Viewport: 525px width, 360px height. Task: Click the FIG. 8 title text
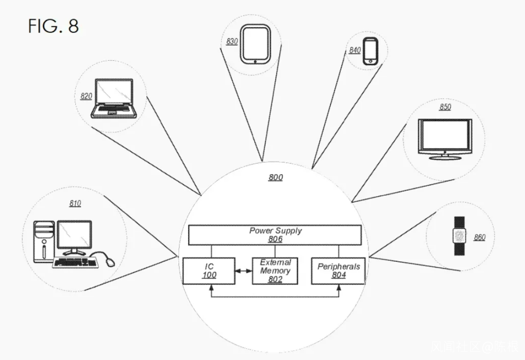tap(53, 25)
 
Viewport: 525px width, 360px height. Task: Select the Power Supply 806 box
tap(275, 235)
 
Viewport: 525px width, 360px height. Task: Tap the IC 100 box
tap(209, 271)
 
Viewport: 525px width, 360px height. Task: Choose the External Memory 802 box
tap(275, 270)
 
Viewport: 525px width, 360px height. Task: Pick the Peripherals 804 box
tap(338, 271)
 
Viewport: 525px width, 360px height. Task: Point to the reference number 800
tap(276, 178)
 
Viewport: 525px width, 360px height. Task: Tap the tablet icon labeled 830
tap(255, 44)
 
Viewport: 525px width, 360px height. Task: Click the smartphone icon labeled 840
tap(370, 51)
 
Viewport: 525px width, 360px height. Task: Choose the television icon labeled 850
tap(444, 138)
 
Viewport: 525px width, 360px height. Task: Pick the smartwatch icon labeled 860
tap(459, 236)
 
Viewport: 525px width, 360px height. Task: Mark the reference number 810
tap(75, 203)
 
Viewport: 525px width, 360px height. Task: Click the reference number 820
tap(86, 96)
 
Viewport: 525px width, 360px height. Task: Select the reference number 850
tap(445, 107)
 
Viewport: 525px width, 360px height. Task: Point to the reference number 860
tap(479, 237)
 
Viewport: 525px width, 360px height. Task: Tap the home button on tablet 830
tap(255, 61)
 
